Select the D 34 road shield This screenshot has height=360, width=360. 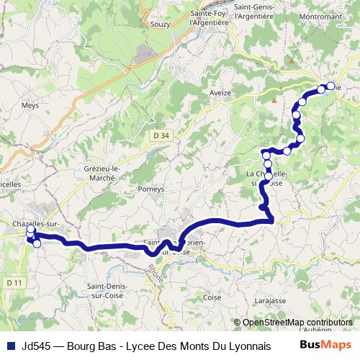tap(161, 135)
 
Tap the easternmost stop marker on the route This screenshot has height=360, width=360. tap(330, 86)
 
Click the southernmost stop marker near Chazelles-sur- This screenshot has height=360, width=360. tap(37, 243)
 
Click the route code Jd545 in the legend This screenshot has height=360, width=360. tap(37, 345)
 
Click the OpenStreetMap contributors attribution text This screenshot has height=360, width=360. tap(297, 323)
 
